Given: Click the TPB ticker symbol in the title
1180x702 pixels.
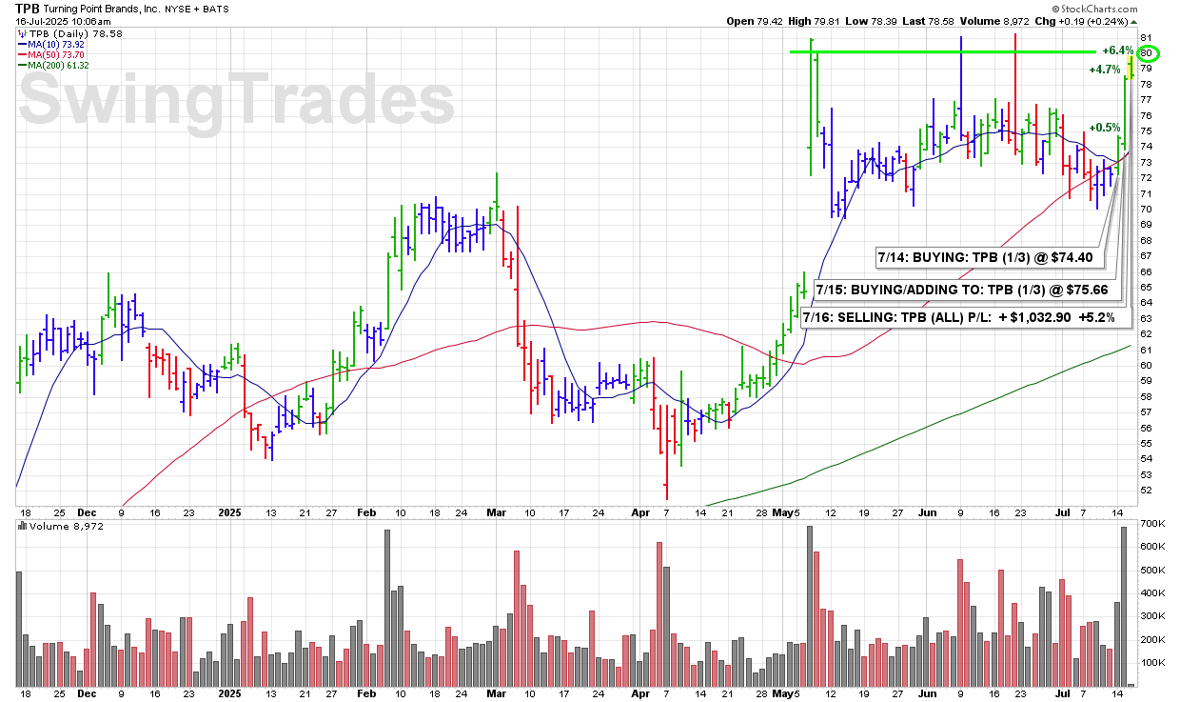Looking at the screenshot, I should tap(28, 7).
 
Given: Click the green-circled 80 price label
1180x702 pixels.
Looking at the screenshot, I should tap(1148, 52).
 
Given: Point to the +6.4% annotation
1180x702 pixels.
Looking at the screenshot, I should tap(1117, 50).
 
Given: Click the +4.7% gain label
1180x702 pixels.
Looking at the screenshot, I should tap(1104, 69).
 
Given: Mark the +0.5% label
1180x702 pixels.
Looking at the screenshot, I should tap(1104, 128).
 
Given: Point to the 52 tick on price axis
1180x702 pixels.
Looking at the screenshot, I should tap(1147, 490).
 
